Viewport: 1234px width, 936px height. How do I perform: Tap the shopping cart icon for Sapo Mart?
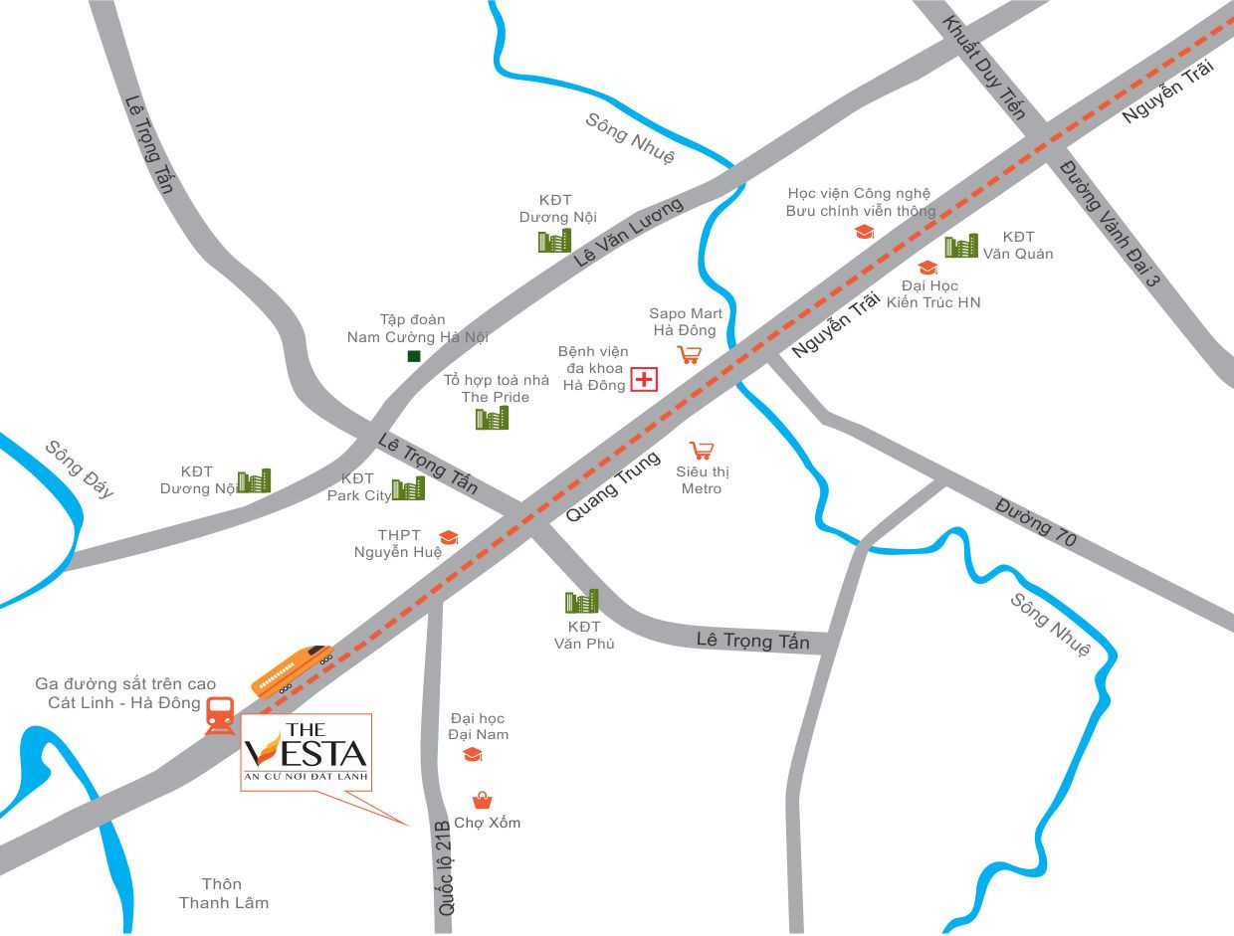[689, 353]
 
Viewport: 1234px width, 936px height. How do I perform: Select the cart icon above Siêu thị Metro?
[703, 451]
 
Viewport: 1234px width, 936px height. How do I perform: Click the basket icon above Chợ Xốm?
[482, 800]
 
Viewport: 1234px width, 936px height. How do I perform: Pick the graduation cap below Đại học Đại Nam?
[473, 755]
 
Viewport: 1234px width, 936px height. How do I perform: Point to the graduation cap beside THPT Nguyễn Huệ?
[449, 537]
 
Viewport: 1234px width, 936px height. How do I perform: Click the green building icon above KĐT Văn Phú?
[582, 601]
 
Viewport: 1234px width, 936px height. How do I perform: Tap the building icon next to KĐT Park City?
[408, 487]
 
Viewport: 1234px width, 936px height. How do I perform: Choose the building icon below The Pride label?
[492, 418]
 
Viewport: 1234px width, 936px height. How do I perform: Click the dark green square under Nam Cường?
[414, 356]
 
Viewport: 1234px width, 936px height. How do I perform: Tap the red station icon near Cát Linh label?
[220, 715]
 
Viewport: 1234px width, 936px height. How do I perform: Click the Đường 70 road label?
[1036, 520]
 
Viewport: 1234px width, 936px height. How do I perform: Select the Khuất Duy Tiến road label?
[983, 68]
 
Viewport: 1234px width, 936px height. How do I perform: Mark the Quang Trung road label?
[613, 487]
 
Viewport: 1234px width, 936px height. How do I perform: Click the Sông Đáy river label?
[80, 468]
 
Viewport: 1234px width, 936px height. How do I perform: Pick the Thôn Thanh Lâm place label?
[223, 893]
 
